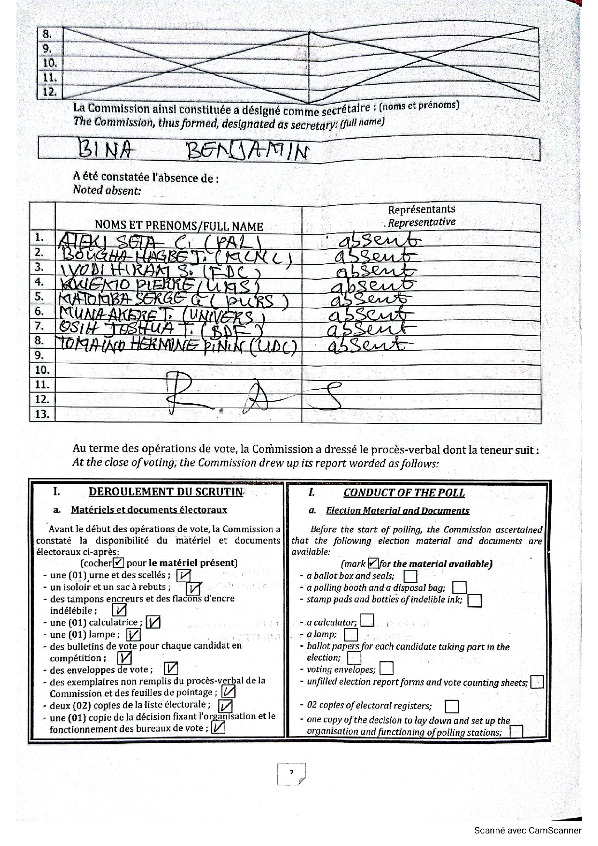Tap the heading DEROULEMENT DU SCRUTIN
coord(166,491)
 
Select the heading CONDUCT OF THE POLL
coord(404,493)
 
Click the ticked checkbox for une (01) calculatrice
coord(153,622)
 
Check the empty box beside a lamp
coord(351,634)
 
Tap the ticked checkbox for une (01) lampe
coord(134,635)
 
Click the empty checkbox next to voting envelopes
coord(386,669)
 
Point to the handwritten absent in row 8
coord(365,345)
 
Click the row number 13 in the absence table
coord(42,414)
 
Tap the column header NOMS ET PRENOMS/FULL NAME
coord(179,226)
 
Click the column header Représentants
coord(421,209)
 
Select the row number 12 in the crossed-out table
coord(50,92)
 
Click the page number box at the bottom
coord(291,774)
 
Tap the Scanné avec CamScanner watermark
coord(528,830)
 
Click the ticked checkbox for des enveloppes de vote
coord(171,669)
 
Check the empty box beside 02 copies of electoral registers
coord(452,707)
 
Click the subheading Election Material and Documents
coord(397,511)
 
